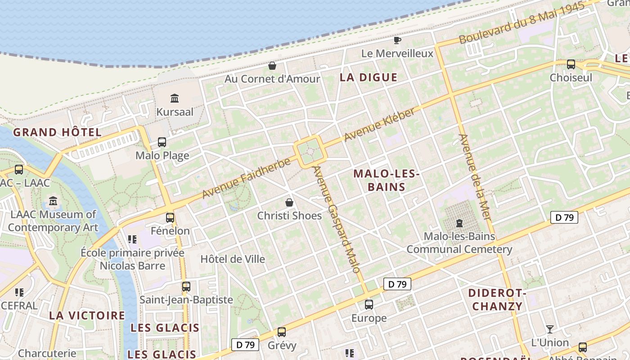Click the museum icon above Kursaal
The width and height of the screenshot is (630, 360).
pos(175,98)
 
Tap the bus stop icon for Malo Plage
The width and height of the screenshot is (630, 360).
pos(162,142)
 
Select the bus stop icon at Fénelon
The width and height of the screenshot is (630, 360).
pos(170,217)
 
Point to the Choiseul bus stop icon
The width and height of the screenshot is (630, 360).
pos(571,64)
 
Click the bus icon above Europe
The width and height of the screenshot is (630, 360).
pos(369,305)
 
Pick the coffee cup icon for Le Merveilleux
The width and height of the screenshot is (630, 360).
pos(397,40)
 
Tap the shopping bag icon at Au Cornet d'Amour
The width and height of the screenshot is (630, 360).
pos(272,66)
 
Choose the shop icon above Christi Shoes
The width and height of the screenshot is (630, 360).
pos(289,202)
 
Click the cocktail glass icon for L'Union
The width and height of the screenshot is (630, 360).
pos(549,329)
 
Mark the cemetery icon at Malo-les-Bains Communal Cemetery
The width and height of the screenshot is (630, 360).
pos(459,223)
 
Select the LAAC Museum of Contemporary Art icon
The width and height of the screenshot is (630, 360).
pos(53,201)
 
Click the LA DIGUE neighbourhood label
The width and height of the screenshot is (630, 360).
pos(369,77)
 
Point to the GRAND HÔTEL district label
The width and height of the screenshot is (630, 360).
pos(57,132)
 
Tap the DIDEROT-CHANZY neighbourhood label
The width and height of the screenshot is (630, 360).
pos(497,300)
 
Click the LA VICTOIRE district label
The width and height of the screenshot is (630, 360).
pos(87,315)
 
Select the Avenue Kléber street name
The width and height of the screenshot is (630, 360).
pos(379,124)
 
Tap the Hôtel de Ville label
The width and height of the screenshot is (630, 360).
pos(233,259)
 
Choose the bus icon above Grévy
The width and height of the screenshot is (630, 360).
pos(282,332)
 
